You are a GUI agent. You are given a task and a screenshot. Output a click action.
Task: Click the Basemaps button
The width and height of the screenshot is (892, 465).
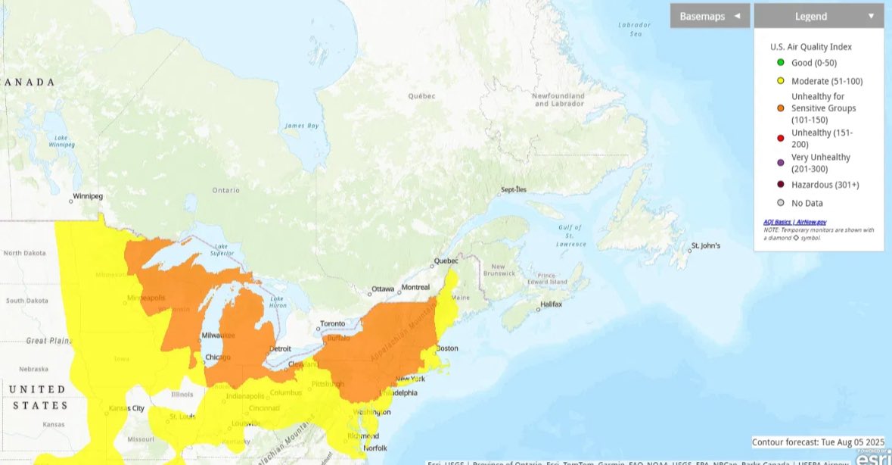[x=710, y=16]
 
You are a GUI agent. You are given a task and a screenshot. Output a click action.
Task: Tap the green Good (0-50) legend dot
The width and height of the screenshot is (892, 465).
[x=780, y=63]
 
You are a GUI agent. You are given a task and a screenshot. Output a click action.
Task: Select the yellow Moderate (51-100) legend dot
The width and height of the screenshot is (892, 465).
[x=780, y=81]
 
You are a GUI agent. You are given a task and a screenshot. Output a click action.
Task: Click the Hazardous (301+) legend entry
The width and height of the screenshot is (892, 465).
[x=825, y=185]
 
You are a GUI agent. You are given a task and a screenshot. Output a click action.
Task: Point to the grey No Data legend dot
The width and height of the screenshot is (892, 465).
[x=780, y=203]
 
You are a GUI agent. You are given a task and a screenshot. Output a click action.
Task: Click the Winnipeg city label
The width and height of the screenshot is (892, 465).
[x=87, y=197]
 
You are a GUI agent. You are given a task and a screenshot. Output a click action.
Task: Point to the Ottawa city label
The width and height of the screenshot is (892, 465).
[x=383, y=289]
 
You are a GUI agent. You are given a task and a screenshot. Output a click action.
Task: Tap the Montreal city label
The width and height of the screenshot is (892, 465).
[x=415, y=288]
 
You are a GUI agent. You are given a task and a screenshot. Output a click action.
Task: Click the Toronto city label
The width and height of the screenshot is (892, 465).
[x=331, y=323]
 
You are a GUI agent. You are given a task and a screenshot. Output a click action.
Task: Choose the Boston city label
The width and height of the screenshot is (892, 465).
[x=446, y=348]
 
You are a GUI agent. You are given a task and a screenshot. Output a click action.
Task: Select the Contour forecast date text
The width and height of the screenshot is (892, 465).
[x=819, y=442]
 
